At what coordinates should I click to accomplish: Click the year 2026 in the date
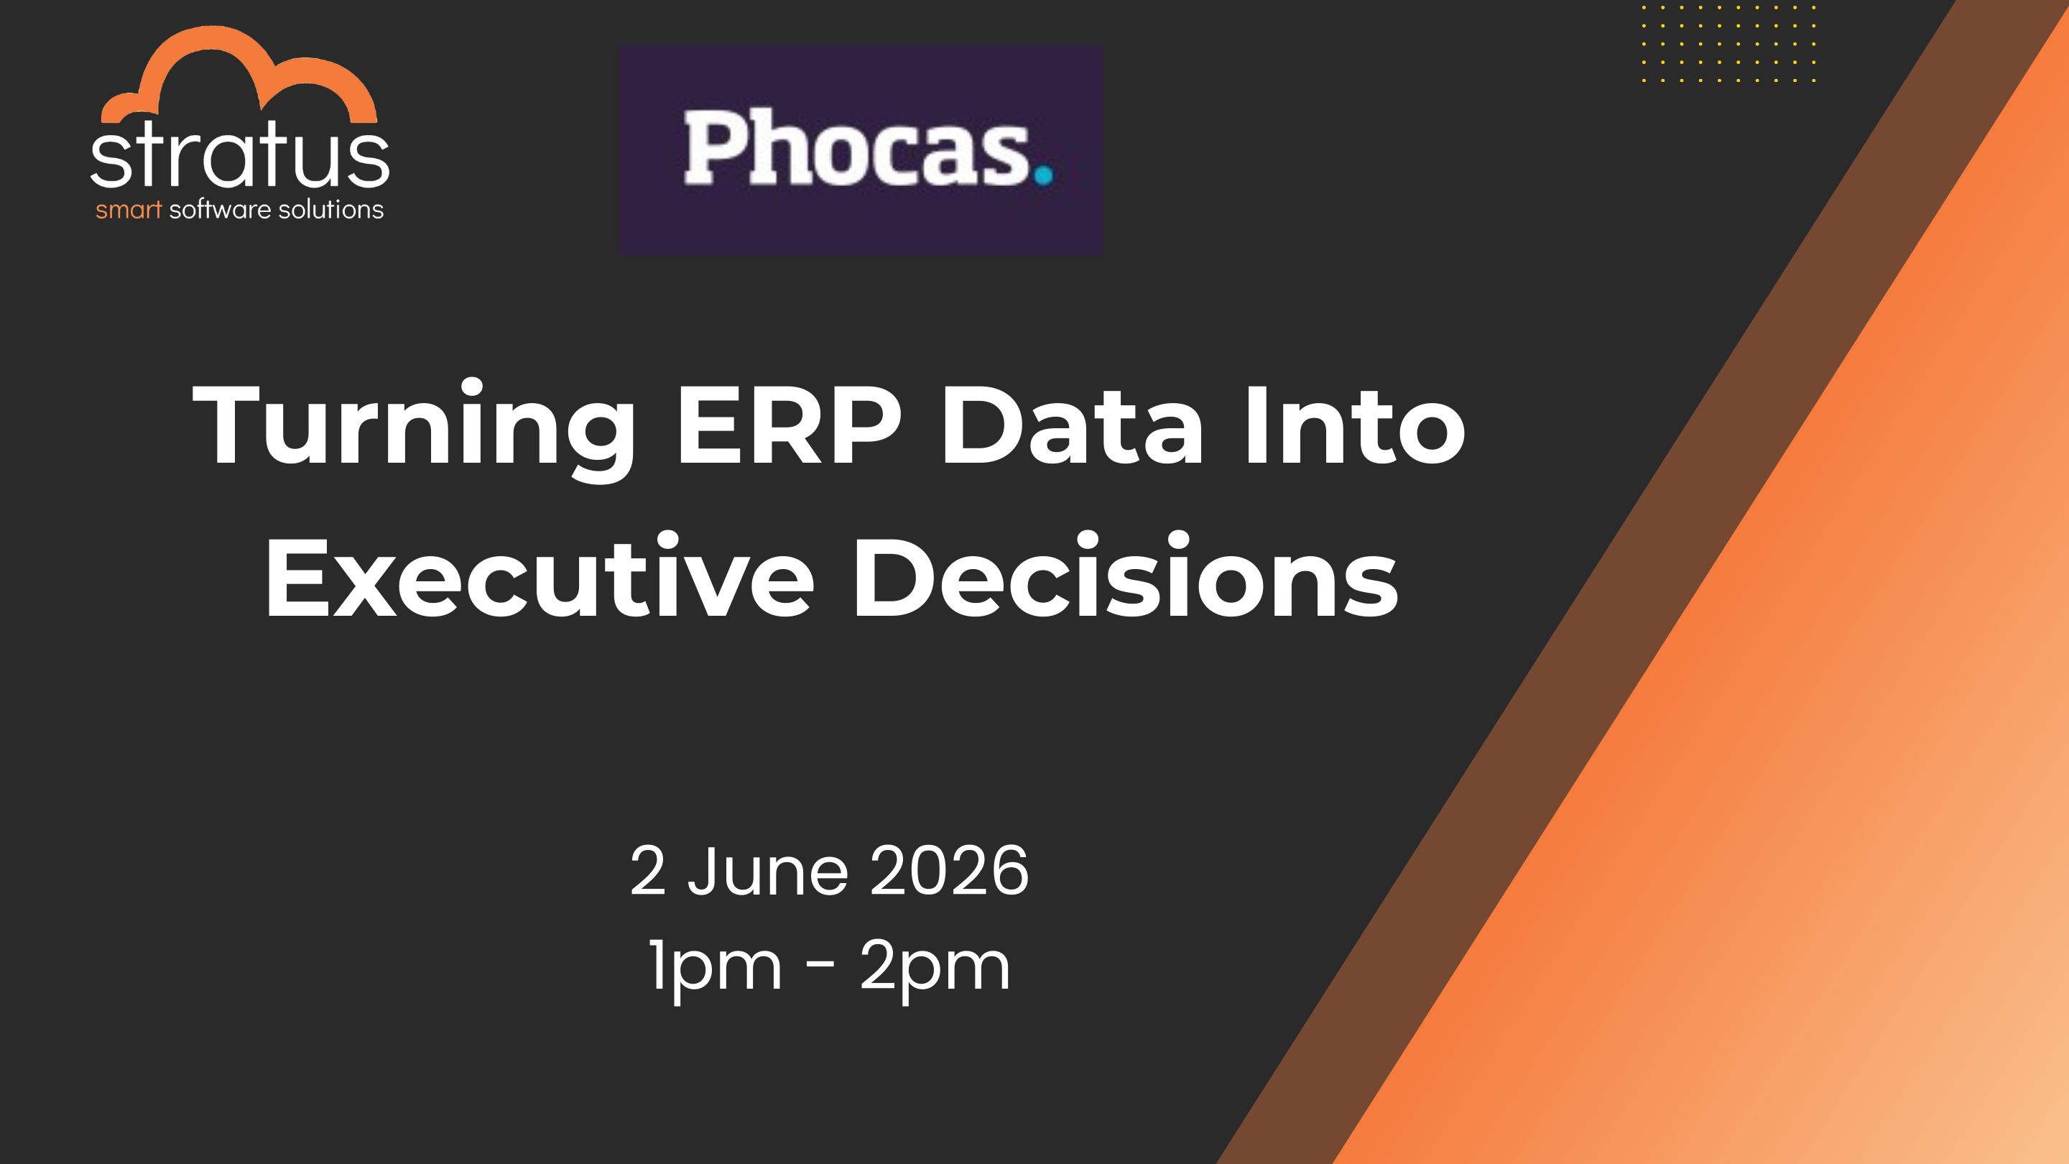(x=948, y=871)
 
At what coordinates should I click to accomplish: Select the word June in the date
(x=768, y=871)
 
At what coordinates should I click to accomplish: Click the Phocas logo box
(x=860, y=150)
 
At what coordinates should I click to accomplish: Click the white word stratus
(x=239, y=154)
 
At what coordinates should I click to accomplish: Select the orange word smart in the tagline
(x=129, y=211)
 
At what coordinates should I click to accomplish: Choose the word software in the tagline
(x=220, y=210)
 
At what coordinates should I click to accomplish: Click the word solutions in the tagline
(x=331, y=210)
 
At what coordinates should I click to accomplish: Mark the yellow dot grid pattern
(x=1728, y=43)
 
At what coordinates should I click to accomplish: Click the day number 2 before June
(x=648, y=871)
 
